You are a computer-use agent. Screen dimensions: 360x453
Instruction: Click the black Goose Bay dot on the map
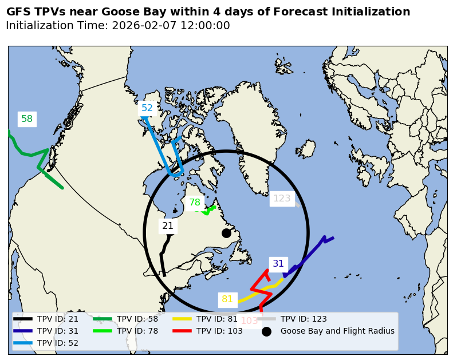(x=226, y=233)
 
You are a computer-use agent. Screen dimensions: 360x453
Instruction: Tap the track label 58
(x=27, y=119)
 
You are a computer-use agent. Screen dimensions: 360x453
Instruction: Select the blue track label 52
(x=147, y=108)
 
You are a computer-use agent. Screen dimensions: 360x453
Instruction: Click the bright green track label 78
(x=195, y=203)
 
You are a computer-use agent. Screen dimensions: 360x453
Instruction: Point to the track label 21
(x=168, y=226)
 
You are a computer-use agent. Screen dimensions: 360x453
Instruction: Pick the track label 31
(x=278, y=264)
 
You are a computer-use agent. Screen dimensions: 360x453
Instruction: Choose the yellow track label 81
(x=227, y=299)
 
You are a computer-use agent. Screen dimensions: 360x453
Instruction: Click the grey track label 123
(x=282, y=199)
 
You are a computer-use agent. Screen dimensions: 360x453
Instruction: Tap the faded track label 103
(x=250, y=321)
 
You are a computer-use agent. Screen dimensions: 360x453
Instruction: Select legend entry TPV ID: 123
(x=304, y=319)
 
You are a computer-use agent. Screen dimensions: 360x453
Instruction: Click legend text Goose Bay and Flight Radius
(x=337, y=331)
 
